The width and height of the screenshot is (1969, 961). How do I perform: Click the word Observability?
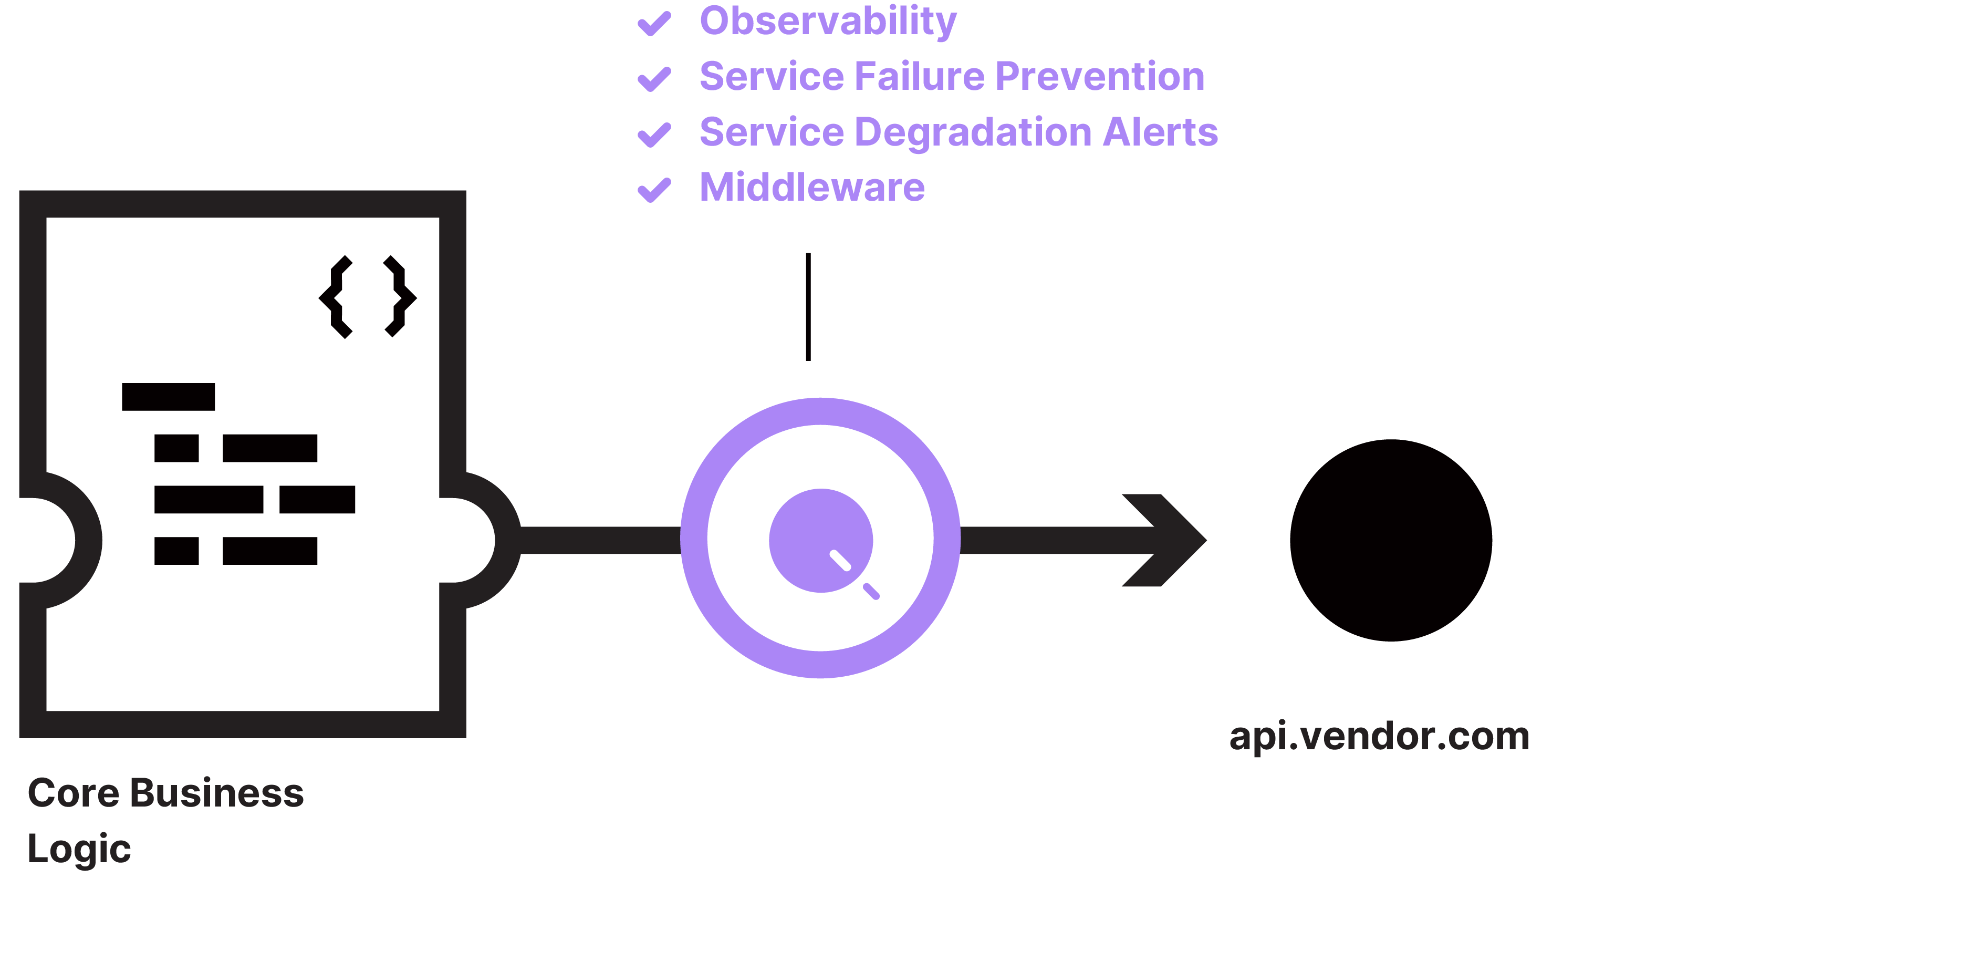(x=827, y=22)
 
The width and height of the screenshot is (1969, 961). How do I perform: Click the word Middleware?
(x=812, y=187)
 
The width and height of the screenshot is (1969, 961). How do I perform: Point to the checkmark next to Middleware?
(x=654, y=190)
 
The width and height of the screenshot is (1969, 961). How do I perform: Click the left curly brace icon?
(x=336, y=297)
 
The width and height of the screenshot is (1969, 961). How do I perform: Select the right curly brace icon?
(x=400, y=297)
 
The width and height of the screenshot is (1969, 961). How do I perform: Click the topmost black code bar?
(x=168, y=397)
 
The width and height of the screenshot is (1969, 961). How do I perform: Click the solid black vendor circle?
(x=1390, y=540)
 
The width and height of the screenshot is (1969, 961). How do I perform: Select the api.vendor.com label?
(x=1378, y=736)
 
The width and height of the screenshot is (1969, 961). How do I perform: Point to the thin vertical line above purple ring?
(x=808, y=306)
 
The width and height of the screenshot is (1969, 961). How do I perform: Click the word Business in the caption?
(x=216, y=793)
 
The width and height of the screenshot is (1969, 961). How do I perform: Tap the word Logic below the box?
(x=79, y=849)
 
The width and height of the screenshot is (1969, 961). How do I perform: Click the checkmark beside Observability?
(x=654, y=23)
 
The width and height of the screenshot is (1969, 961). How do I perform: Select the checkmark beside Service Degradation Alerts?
(x=654, y=135)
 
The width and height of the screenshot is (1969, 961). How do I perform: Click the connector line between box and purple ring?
(x=600, y=540)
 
